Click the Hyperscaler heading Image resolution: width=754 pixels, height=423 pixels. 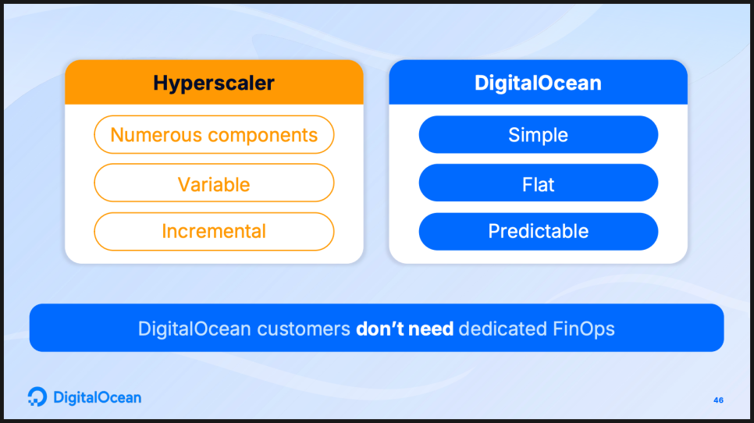click(214, 84)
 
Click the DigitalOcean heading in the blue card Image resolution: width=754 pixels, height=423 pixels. click(538, 84)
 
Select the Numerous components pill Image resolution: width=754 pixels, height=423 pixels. click(214, 134)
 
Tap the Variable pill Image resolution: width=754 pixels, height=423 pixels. click(214, 183)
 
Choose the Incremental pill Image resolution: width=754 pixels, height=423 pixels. click(214, 231)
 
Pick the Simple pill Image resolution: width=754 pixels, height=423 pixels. click(538, 134)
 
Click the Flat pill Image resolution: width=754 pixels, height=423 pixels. click(538, 183)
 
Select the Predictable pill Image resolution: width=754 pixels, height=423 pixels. click(538, 231)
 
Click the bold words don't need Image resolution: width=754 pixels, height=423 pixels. click(404, 329)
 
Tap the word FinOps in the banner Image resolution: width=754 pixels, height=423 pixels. click(583, 329)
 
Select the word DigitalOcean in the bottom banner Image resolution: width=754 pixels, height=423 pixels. click(194, 329)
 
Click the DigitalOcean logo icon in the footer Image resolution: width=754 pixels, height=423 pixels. click(37, 396)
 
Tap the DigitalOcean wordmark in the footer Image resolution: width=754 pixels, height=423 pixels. click(97, 397)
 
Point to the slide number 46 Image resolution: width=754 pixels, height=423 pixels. click(718, 400)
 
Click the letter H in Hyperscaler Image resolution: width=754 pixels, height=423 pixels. click(161, 84)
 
